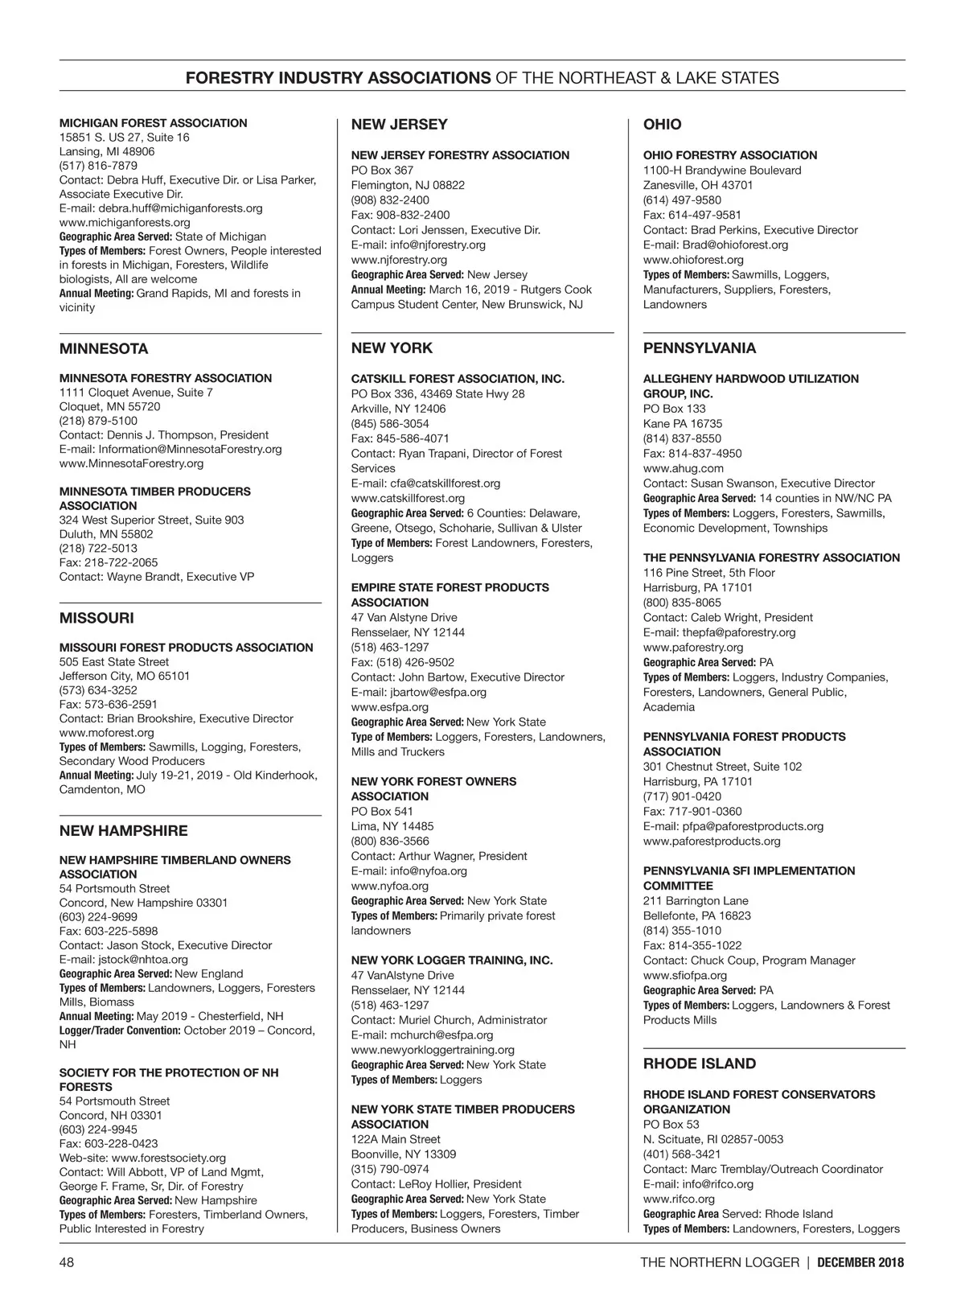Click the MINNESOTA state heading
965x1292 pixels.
[x=104, y=349]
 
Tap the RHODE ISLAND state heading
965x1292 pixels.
[x=699, y=1064]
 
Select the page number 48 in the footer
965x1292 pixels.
[x=67, y=1262]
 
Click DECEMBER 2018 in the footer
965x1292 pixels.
[x=860, y=1262]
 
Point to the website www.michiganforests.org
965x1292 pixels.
[x=125, y=222]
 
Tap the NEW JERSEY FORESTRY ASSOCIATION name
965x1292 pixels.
[x=460, y=155]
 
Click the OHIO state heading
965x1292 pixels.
[x=662, y=125]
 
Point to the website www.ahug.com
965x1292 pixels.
[x=683, y=468]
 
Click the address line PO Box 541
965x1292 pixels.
[x=382, y=811]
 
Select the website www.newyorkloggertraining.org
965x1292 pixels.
[x=433, y=1049]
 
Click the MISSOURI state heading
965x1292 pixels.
[x=96, y=618]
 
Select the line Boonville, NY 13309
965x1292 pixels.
[x=403, y=1154]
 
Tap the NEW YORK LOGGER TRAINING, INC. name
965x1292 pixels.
[x=452, y=960]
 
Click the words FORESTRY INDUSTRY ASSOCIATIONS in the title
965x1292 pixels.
[x=338, y=78]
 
